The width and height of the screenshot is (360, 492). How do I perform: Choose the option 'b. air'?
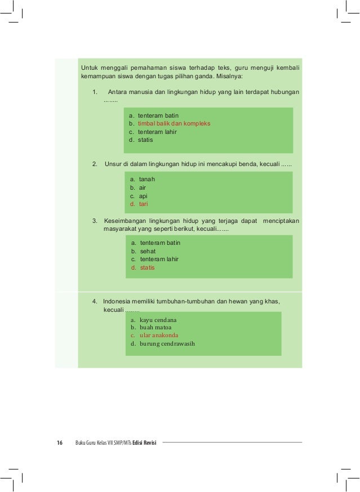pyautogui.click(x=139, y=187)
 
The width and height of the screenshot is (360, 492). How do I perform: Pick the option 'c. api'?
pyautogui.click(x=139, y=196)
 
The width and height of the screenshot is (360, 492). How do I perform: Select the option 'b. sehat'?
pyautogui.click(x=143, y=251)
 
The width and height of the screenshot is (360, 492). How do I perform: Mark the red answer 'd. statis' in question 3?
pyautogui.click(x=143, y=267)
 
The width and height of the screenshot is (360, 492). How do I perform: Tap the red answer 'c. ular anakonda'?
pyautogui.click(x=154, y=335)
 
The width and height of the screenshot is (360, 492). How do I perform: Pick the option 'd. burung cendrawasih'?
pyautogui.click(x=163, y=343)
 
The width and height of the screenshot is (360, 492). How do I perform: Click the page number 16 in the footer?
pyautogui.click(x=59, y=442)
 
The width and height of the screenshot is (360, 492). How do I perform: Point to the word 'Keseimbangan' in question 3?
pyautogui.click(x=127, y=221)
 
